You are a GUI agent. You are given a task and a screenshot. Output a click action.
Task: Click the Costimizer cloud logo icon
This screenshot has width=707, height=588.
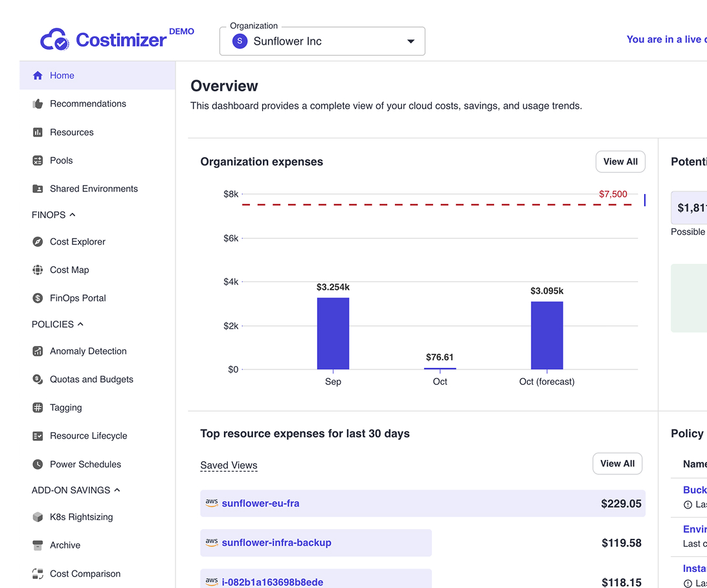click(x=54, y=39)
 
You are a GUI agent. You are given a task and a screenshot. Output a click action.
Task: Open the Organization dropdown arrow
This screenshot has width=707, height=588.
click(x=410, y=41)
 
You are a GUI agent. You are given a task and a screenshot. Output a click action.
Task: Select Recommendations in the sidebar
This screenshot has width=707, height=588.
click(x=88, y=103)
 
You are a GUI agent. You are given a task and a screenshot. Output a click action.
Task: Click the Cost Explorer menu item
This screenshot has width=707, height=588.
click(x=78, y=242)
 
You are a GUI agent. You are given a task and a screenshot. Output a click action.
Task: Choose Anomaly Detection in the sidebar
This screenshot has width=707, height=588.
click(x=88, y=351)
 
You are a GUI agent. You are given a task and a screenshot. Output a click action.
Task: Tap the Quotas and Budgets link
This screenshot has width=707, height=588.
click(x=91, y=380)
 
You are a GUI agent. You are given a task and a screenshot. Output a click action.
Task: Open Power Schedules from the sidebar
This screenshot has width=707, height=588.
click(x=85, y=464)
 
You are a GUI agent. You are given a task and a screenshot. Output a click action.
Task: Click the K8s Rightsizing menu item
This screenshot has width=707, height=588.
click(x=82, y=517)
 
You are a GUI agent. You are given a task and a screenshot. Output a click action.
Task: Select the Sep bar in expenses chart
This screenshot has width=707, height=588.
click(x=333, y=333)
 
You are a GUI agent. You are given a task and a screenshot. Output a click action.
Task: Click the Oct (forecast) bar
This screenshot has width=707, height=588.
click(x=546, y=335)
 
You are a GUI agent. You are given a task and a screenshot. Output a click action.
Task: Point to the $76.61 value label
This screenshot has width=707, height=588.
click(x=440, y=357)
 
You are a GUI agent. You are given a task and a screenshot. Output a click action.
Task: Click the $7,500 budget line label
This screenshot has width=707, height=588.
click(x=612, y=194)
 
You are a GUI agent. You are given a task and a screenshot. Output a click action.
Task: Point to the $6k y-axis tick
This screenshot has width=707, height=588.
click(x=230, y=238)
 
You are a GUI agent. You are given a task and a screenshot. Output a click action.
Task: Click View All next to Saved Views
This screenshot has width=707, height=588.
click(x=617, y=464)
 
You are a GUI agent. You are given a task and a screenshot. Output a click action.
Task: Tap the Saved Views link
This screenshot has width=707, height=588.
click(x=229, y=465)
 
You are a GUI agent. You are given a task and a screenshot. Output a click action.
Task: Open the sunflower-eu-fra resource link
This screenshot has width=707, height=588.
click(x=260, y=503)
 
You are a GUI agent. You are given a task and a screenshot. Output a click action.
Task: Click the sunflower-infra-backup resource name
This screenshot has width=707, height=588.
click(x=276, y=543)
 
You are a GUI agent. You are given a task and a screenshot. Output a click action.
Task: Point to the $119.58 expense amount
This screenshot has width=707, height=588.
click(x=621, y=543)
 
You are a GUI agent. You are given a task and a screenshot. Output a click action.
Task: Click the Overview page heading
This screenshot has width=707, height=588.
click(x=224, y=86)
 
